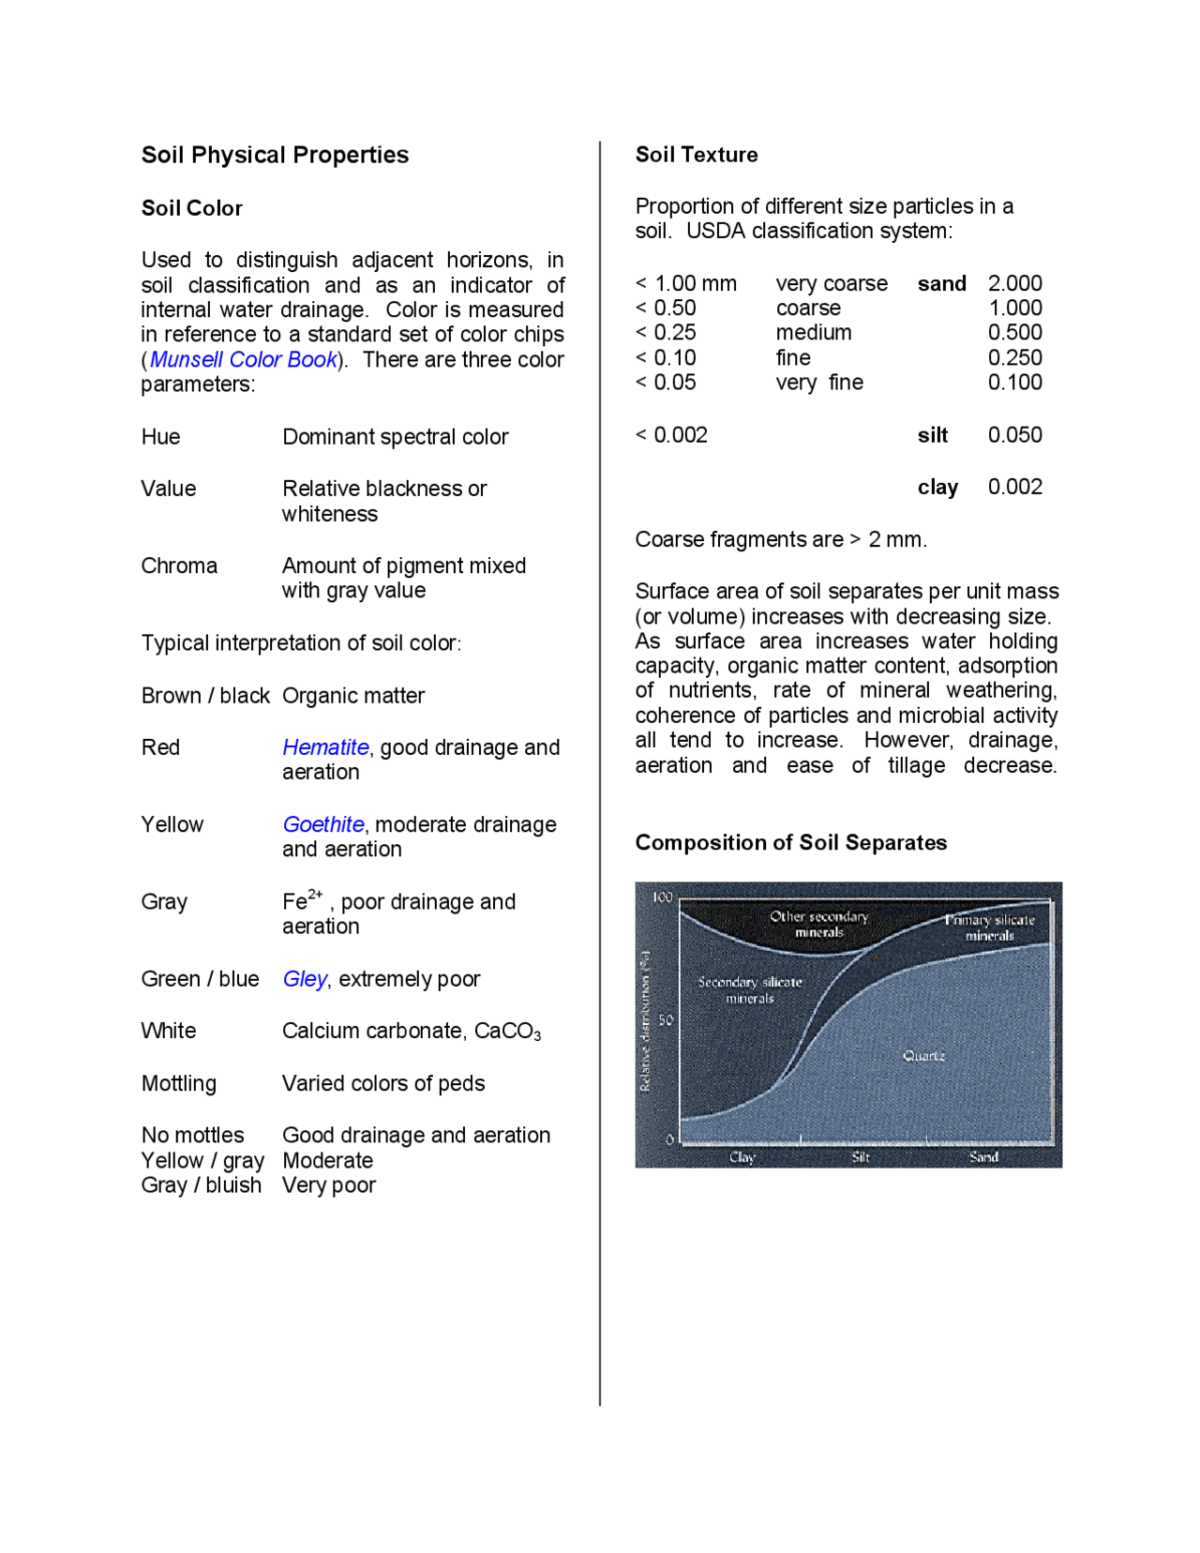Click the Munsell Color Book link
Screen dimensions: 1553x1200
(243, 359)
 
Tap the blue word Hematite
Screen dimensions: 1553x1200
(325, 747)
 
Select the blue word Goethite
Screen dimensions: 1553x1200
(323, 824)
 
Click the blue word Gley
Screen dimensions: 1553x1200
(305, 979)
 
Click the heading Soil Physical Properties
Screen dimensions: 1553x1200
(275, 155)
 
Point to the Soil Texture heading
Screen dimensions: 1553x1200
(696, 155)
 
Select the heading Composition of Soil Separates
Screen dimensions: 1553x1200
(790, 842)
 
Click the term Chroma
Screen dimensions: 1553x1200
(179, 565)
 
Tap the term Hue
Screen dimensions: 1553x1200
(160, 437)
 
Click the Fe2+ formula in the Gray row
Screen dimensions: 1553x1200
(302, 900)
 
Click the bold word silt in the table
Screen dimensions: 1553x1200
(932, 435)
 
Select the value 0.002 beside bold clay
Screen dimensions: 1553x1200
(1014, 487)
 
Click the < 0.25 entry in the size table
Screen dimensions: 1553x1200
(666, 333)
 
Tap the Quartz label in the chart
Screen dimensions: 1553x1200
(923, 1056)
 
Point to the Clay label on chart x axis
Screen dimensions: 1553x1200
(742, 1157)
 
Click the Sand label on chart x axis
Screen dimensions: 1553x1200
(983, 1157)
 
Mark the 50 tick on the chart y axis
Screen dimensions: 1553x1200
(666, 1019)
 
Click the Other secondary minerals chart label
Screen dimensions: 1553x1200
(818, 924)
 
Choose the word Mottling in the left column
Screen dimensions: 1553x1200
(178, 1083)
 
